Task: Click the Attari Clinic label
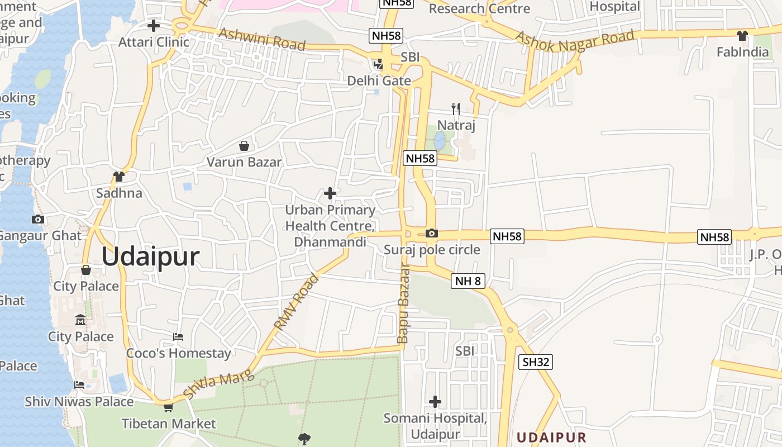pyautogui.click(x=154, y=42)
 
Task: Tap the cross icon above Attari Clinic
pyautogui.click(x=153, y=26)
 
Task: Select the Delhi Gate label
pyautogui.click(x=379, y=81)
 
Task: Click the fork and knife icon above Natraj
pyautogui.click(x=456, y=109)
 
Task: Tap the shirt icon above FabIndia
pyautogui.click(x=742, y=36)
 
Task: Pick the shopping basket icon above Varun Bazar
pyautogui.click(x=244, y=146)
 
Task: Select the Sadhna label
pyautogui.click(x=119, y=193)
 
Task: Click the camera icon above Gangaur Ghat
pyautogui.click(x=38, y=219)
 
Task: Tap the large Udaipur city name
pyautogui.click(x=150, y=257)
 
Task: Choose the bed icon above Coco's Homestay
pyautogui.click(x=178, y=337)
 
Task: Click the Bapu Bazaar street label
pyautogui.click(x=403, y=303)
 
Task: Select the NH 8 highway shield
pyautogui.click(x=468, y=281)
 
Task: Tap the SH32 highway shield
pyautogui.click(x=536, y=362)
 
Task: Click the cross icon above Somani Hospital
pyautogui.click(x=435, y=402)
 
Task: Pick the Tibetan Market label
pyautogui.click(x=169, y=424)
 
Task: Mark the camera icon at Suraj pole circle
pyautogui.click(x=432, y=234)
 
